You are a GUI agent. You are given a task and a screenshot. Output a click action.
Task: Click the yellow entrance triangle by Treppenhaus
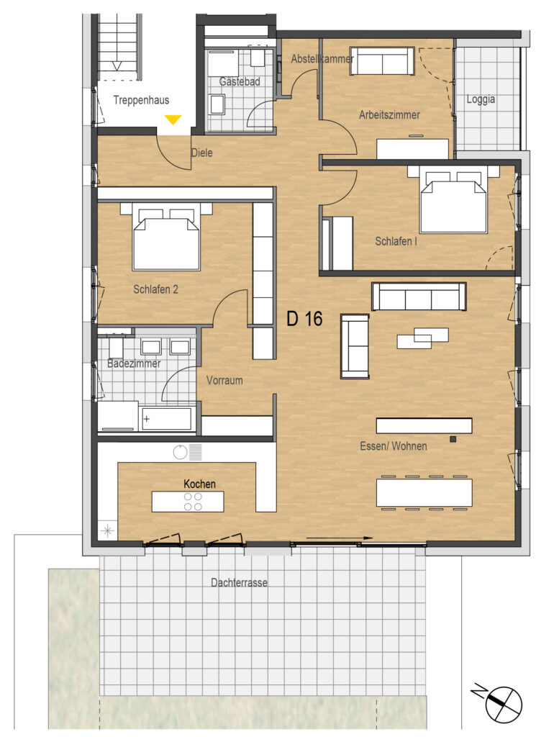click(173, 119)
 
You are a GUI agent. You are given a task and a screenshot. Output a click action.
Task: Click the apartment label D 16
click(304, 319)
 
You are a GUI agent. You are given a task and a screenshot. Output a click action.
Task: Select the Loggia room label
click(481, 99)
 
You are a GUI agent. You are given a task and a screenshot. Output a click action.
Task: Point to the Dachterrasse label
click(239, 583)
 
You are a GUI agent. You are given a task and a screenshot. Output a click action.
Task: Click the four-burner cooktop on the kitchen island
click(193, 502)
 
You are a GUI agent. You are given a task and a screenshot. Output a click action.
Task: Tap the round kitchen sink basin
click(181, 453)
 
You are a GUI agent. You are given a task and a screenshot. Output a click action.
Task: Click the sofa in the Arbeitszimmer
click(382, 61)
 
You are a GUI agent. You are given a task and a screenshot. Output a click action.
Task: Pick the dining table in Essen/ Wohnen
click(424, 492)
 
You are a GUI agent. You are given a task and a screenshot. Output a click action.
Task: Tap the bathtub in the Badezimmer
click(165, 418)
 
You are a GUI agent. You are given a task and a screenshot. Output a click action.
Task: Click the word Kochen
click(199, 484)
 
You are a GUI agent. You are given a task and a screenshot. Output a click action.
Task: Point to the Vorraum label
click(224, 380)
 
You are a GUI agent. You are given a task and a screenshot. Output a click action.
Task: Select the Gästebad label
click(240, 81)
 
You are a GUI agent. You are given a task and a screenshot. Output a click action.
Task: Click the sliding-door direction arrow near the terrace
click(339, 538)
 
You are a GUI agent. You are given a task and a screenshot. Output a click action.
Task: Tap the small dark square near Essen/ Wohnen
click(453, 439)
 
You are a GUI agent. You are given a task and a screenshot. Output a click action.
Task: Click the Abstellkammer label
click(322, 59)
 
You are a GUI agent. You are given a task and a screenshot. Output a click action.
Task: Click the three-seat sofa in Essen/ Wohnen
click(419, 297)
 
